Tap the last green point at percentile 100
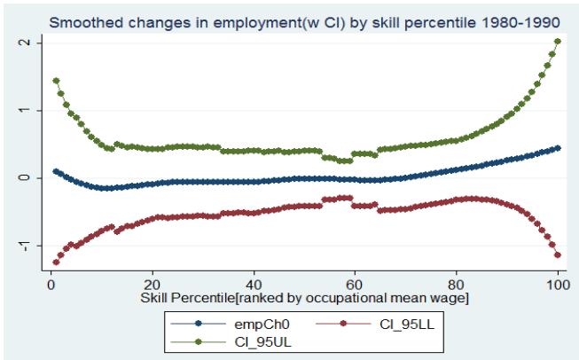click(558, 41)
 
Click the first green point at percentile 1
click(56, 81)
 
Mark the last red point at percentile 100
click(558, 255)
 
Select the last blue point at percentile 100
click(558, 147)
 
